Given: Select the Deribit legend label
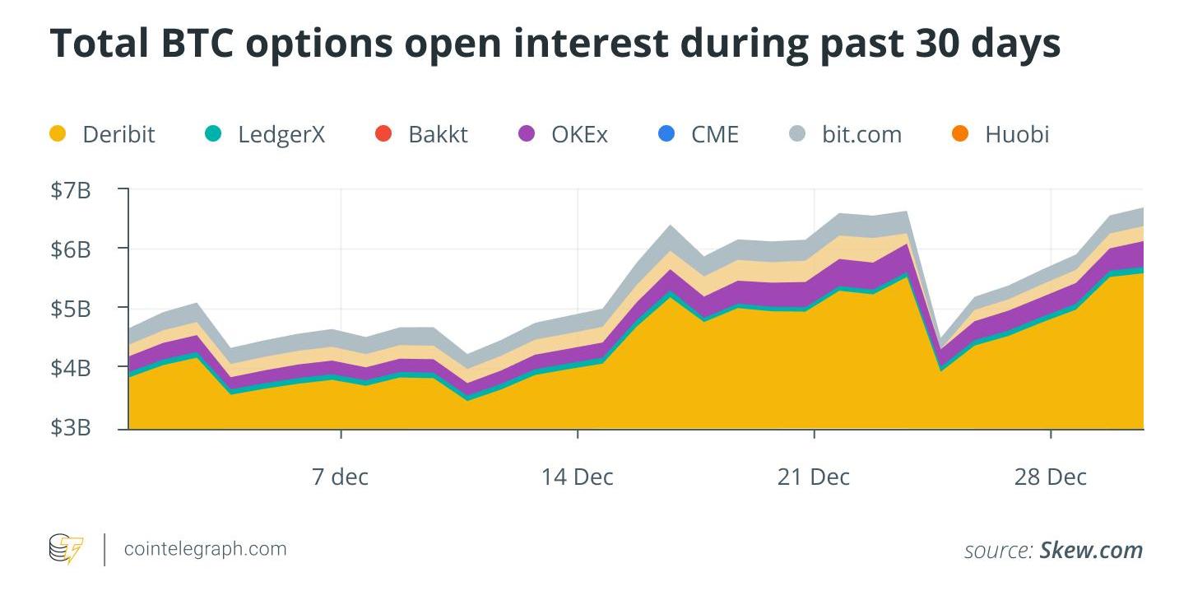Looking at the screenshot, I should pyautogui.click(x=118, y=134).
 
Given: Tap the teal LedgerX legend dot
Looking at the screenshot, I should pyautogui.click(x=212, y=133).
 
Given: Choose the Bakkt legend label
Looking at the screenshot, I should pyautogui.click(x=438, y=134).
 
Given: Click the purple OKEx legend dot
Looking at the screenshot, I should pyautogui.click(x=526, y=133).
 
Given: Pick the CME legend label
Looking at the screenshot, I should pyautogui.click(x=714, y=134).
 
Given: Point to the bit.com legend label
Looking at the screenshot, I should pyautogui.click(x=861, y=134).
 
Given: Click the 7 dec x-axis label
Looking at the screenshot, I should pyautogui.click(x=341, y=476).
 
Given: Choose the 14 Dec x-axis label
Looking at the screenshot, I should pyautogui.click(x=577, y=476).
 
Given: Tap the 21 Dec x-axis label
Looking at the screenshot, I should pyautogui.click(x=813, y=476).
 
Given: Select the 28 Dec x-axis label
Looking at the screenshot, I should pyautogui.click(x=1051, y=476).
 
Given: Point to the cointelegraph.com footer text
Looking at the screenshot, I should pyautogui.click(x=205, y=549).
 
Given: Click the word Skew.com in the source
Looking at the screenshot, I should pyautogui.click(x=1091, y=550).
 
